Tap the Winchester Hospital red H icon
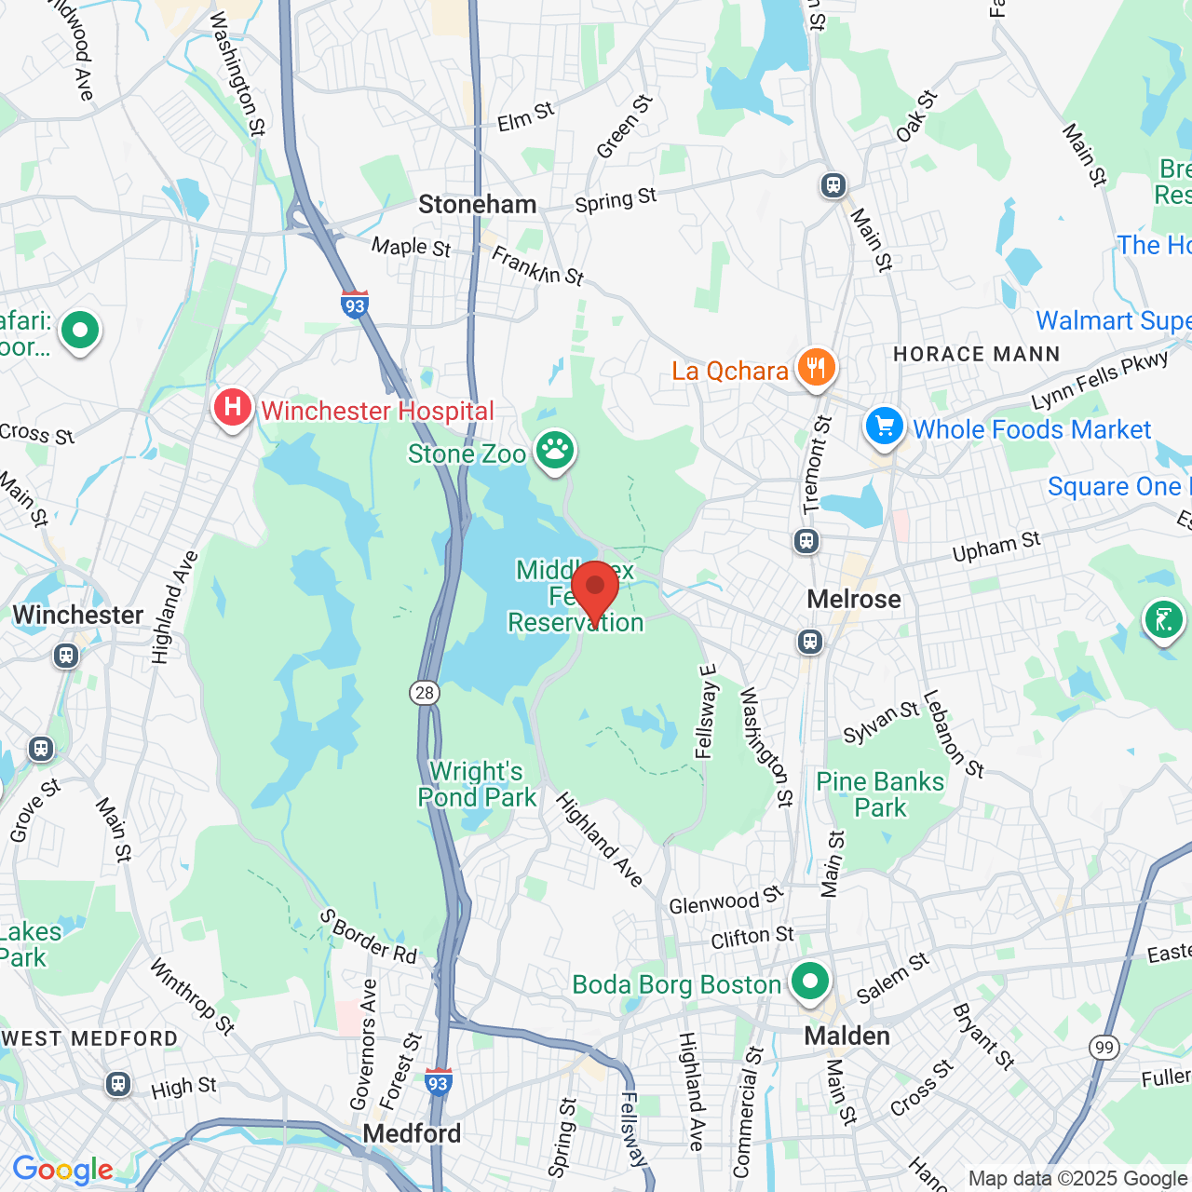click(232, 408)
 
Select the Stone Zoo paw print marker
click(555, 452)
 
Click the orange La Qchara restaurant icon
click(816, 368)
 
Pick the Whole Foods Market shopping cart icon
click(884, 427)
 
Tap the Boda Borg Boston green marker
click(810, 982)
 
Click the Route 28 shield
click(425, 692)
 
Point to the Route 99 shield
click(1104, 1047)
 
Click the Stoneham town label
click(478, 205)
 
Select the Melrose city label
click(854, 599)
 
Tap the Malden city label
click(847, 1036)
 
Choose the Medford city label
click(412, 1133)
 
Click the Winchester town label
click(78, 615)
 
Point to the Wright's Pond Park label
click(477, 784)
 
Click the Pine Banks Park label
click(880, 794)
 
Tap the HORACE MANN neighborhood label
click(977, 354)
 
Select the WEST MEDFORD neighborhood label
click(89, 1038)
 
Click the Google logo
click(62, 1170)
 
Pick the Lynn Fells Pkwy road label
click(1100, 380)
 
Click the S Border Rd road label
click(369, 936)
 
